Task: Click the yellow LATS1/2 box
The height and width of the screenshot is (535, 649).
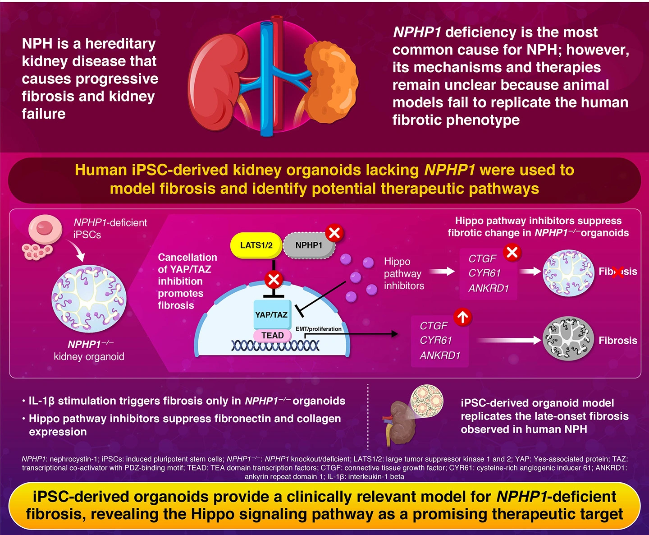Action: pos(256,245)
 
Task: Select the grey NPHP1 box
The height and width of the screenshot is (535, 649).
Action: pos(309,245)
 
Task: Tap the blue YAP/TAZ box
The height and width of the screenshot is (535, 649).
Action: pos(272,314)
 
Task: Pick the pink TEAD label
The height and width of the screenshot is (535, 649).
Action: pos(273,336)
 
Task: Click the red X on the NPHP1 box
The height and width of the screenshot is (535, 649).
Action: pos(334,233)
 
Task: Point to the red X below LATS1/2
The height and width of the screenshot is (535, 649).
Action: pos(274,280)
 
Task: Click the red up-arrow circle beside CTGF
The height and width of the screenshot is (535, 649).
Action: pos(462,317)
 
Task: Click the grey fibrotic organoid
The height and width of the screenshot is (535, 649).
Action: pos(568,338)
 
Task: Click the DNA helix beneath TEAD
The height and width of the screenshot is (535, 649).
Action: pos(275,346)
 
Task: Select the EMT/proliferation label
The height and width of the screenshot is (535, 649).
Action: pos(318,329)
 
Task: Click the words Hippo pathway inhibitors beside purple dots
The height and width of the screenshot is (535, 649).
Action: pos(403,273)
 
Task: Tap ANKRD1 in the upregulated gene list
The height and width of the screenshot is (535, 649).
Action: pos(440,355)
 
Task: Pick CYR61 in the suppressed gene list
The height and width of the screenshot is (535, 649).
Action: pos(484,273)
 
